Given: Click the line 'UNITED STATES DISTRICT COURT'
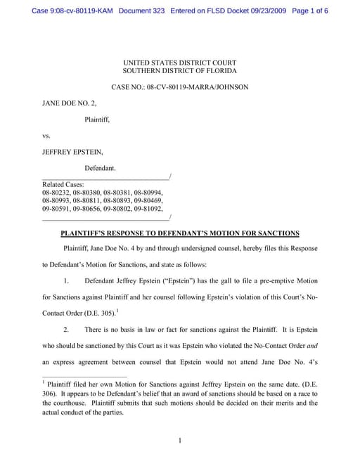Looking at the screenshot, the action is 179,63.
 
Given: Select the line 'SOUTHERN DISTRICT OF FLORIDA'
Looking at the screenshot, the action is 179,71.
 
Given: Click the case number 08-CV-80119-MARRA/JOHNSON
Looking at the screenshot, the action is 201,87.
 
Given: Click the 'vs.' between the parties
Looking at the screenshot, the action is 46,136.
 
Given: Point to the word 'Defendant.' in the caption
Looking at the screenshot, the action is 101,169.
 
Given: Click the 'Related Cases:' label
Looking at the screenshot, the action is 63,184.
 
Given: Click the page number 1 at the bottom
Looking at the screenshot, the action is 180,441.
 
